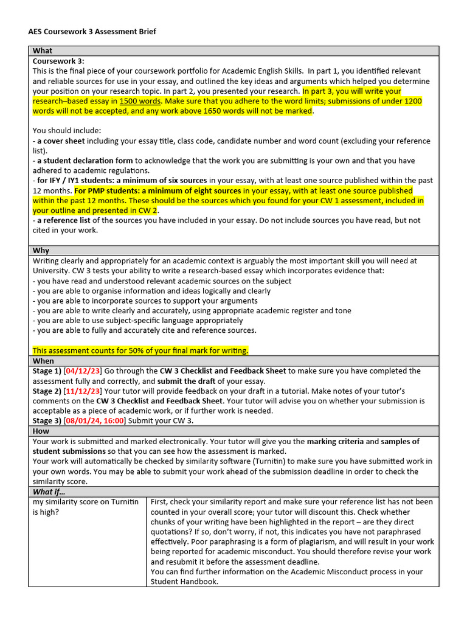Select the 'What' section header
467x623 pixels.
(x=43, y=51)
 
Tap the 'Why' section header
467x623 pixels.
(x=41, y=251)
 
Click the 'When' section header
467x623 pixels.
(x=43, y=361)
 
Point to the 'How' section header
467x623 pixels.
(x=41, y=431)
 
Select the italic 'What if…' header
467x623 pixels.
(x=49, y=492)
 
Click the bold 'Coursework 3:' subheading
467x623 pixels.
(x=58, y=61)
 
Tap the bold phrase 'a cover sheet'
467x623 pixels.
(x=61, y=141)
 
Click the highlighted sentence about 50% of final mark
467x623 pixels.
(x=140, y=350)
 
